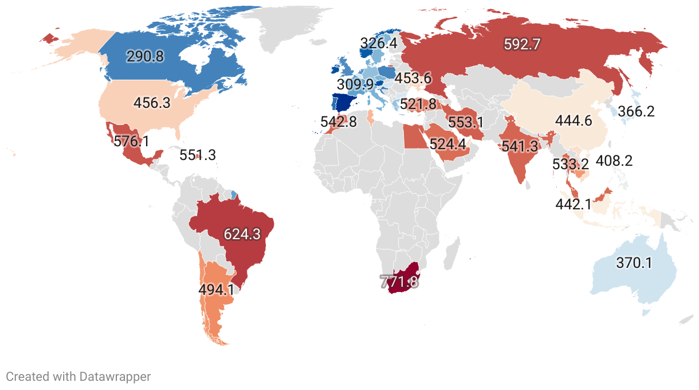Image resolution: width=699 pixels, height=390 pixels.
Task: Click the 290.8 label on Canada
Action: click(x=144, y=56)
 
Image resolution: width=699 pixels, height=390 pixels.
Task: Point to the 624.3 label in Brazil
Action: click(x=242, y=234)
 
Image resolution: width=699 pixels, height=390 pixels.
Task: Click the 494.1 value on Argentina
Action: click(x=216, y=289)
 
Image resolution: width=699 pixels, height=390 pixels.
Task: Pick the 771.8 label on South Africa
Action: click(x=400, y=282)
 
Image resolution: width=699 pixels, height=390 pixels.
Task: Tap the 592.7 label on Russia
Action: click(x=522, y=44)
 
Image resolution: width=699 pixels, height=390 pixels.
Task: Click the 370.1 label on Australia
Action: click(x=634, y=263)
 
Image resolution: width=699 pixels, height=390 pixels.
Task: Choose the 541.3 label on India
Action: click(x=520, y=146)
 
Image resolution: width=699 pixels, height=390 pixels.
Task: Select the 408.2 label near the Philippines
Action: click(x=614, y=161)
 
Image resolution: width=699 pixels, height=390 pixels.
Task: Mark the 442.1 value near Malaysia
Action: click(x=574, y=204)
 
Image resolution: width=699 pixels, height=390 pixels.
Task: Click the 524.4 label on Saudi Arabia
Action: click(x=447, y=144)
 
